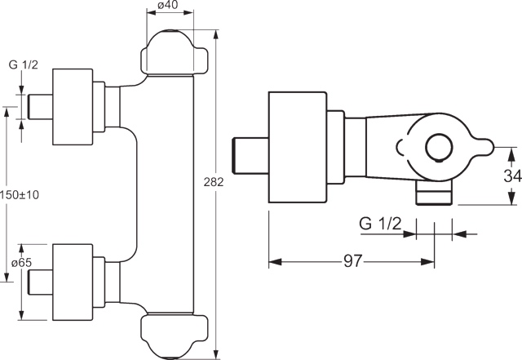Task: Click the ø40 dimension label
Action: coord(168,5)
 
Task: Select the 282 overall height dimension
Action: coord(214,182)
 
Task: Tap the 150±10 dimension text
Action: coord(20,194)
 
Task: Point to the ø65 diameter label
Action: coord(21,263)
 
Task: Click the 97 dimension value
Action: coord(352,261)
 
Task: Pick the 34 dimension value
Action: coord(512,176)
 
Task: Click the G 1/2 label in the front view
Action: coord(24,64)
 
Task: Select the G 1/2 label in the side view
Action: coord(380,224)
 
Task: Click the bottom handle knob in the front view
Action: coord(174,336)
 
